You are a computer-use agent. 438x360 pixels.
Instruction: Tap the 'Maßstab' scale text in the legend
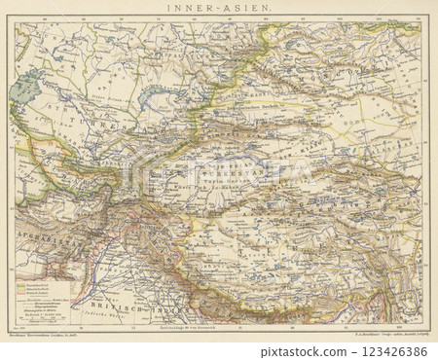coord(44,313)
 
